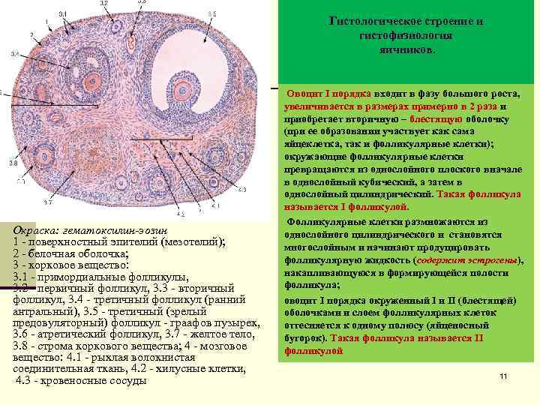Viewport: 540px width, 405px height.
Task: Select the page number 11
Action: click(x=503, y=376)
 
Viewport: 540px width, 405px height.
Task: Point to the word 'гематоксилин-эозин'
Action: click(x=121, y=229)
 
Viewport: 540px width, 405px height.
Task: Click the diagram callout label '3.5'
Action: click(x=212, y=13)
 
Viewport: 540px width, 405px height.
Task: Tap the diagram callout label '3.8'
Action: click(x=13, y=163)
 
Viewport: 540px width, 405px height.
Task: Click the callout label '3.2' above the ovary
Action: click(x=103, y=4)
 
